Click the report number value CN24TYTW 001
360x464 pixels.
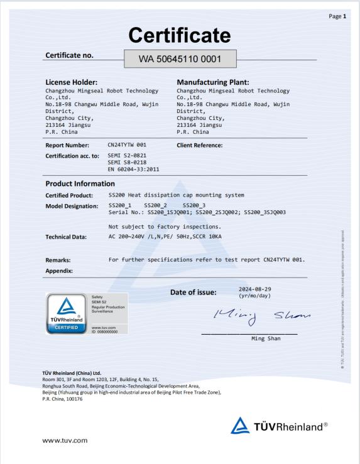pos(128,145)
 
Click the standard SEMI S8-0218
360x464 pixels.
pos(128,162)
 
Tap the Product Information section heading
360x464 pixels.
pos(80,184)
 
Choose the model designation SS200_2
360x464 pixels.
pos(156,206)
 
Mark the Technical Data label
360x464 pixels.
pos(66,237)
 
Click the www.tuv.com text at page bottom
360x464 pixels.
pos(65,440)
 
